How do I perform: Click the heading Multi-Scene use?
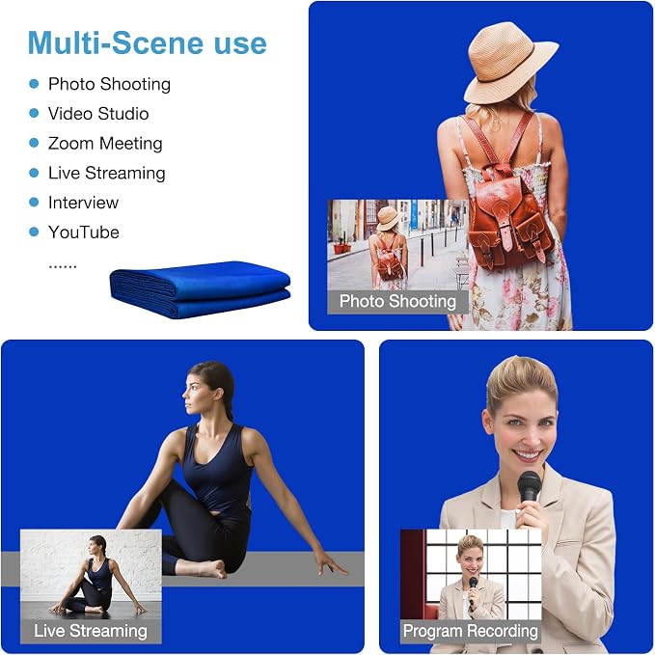coord(147,42)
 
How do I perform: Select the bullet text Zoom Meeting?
coord(105,144)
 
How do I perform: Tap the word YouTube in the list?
coord(84,232)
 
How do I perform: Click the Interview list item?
coord(83,203)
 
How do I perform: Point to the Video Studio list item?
coord(98,114)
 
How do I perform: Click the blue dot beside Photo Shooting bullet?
coord(34,84)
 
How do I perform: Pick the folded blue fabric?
coord(200,289)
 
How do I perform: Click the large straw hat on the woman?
coord(510,62)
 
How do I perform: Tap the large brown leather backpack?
coord(511,217)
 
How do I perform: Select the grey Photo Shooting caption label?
coord(397,302)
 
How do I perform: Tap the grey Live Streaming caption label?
coord(91,631)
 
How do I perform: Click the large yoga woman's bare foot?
coord(213,568)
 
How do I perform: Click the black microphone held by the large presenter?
coord(530,486)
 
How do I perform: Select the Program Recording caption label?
coord(471,631)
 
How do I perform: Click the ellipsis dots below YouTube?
coord(63,265)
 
